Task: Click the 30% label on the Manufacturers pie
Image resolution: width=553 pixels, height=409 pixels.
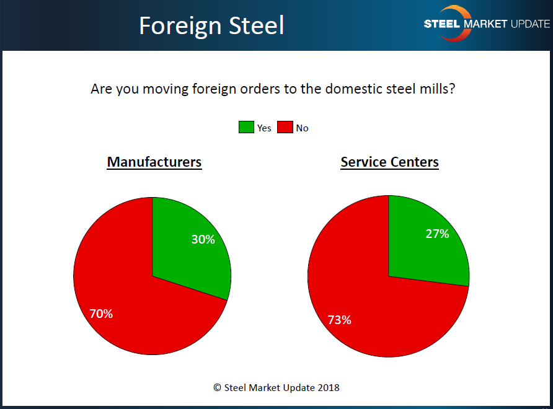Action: point(203,239)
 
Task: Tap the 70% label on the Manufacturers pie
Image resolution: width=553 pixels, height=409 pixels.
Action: point(101,314)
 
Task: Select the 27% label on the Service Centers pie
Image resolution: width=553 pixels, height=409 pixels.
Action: point(437,234)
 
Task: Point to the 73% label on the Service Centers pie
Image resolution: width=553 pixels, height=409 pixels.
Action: point(339,320)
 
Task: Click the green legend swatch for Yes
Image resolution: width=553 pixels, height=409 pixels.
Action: point(246,128)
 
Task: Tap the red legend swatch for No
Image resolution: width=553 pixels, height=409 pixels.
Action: point(285,128)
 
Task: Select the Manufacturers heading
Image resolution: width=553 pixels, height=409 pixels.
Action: point(154,162)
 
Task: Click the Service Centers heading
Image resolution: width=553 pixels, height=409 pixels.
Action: point(390,162)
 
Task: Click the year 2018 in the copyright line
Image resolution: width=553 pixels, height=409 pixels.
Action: point(328,387)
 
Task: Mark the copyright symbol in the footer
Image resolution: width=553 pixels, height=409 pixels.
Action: point(218,387)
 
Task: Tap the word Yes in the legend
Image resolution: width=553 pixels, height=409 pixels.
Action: point(264,128)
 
